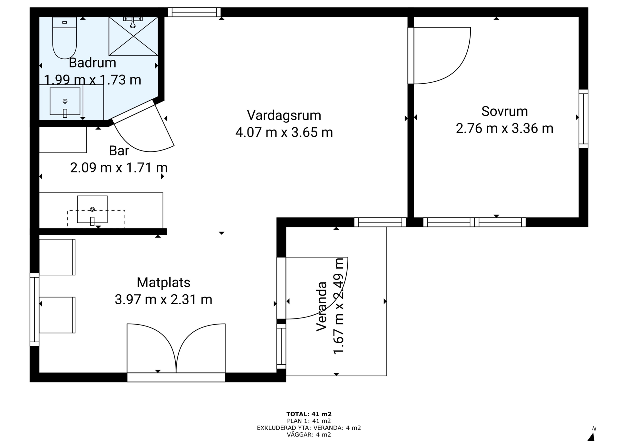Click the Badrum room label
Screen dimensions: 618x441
click(x=92, y=63)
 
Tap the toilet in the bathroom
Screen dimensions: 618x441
click(x=64, y=38)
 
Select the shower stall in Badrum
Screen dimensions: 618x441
click(x=133, y=36)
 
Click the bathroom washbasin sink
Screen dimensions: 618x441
click(x=65, y=101)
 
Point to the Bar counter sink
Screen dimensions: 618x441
click(x=92, y=209)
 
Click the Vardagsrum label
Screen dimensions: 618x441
click(x=284, y=115)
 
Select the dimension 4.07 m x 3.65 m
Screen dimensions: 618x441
click(x=284, y=132)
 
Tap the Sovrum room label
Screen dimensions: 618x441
click(x=504, y=111)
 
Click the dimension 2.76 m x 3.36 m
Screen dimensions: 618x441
click(x=504, y=128)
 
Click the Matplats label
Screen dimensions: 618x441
click(x=164, y=282)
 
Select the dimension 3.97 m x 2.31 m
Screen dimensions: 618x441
click(x=164, y=299)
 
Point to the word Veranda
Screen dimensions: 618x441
click(x=322, y=306)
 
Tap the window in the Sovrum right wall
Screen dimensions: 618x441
click(x=584, y=119)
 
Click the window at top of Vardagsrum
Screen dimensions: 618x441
click(x=194, y=12)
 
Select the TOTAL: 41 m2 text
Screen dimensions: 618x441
click(x=309, y=414)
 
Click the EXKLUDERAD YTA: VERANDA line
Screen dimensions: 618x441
click(x=309, y=428)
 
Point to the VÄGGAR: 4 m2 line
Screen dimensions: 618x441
click(x=309, y=435)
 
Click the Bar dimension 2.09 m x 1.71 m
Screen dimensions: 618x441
click(x=119, y=168)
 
